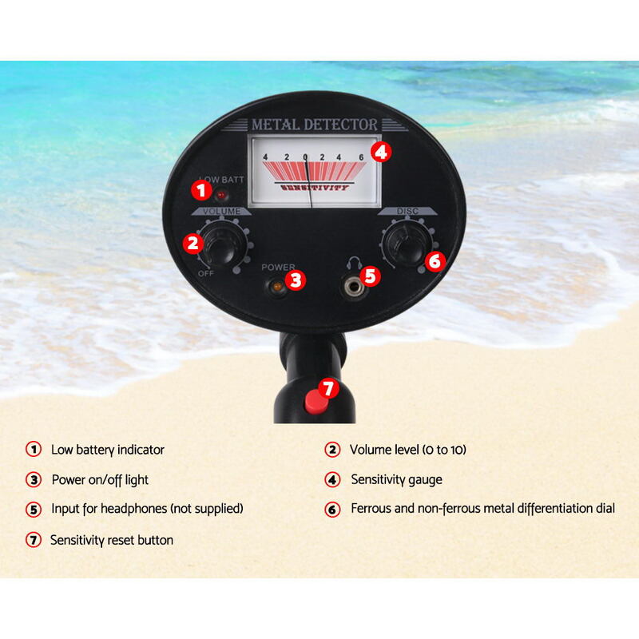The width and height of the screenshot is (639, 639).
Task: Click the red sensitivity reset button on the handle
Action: coord(316,402)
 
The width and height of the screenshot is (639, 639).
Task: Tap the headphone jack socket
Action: coord(353,287)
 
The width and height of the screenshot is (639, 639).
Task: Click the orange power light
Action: coord(277,287)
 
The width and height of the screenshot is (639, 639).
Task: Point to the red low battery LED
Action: coord(221,195)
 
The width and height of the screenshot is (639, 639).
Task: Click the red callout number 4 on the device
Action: coord(381,152)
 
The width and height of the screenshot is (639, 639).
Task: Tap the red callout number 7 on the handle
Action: coord(328,388)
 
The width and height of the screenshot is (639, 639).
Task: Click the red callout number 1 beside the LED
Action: coord(201,190)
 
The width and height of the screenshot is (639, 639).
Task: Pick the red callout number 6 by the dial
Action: coord(435,261)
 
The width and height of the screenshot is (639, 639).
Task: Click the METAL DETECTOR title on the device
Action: coord(314,125)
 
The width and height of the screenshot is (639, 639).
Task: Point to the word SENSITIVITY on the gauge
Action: coord(315,188)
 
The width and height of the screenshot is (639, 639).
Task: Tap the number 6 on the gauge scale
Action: coord(361,157)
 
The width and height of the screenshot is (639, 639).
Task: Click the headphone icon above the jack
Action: coord(354,264)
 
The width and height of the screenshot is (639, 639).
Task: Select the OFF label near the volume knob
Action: coord(206,273)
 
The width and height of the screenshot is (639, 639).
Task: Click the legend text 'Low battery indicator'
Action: coord(108,450)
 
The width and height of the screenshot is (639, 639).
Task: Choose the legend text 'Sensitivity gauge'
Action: coord(396,480)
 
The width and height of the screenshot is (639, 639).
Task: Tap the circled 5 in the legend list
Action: coord(34,510)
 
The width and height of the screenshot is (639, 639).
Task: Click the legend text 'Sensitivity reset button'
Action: coord(112,541)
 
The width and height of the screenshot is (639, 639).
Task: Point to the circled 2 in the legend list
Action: coord(332,450)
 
